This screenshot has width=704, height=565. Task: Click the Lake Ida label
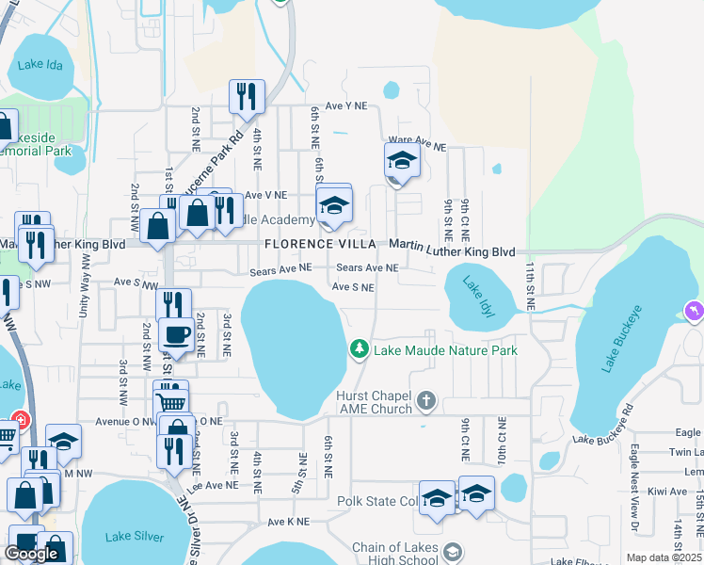click(39, 65)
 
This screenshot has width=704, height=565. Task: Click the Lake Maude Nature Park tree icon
click(359, 349)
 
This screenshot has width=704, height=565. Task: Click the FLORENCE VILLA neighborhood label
click(320, 244)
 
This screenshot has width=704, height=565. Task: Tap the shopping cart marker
click(170, 402)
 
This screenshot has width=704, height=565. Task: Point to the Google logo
click(31, 554)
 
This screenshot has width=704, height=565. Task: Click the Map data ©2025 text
click(664, 557)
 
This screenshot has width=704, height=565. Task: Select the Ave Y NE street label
click(346, 106)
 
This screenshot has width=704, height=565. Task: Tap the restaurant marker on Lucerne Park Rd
click(247, 96)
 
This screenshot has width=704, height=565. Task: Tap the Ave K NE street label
click(288, 521)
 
